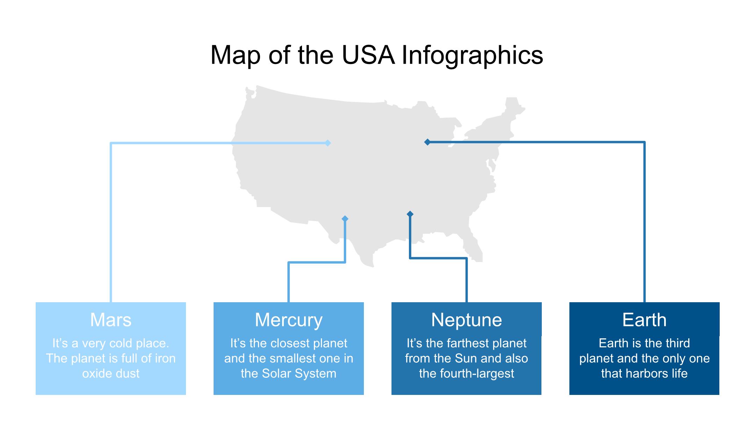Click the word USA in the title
tap(368, 55)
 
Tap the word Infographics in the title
tap(472, 56)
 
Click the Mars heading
tap(111, 320)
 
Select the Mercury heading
tap(289, 320)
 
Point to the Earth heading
tap(645, 320)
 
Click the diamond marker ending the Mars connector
tap(328, 143)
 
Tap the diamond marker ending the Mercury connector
tap(345, 219)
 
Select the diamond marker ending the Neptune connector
tap(410, 214)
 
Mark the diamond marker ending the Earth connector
tap(427, 142)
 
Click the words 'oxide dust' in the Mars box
tap(111, 374)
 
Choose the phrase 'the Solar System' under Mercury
tap(289, 374)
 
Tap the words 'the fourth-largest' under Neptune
tap(467, 374)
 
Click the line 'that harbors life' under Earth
tap(645, 374)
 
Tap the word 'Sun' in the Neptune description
tap(466, 359)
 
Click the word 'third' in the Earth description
tap(677, 343)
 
